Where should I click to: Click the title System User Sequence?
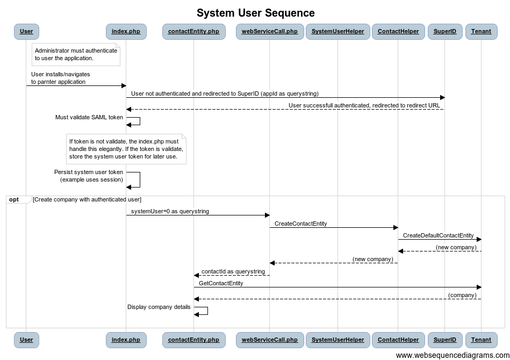pyautogui.click(x=256, y=13)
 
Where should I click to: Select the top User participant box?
pyautogui.click(x=26, y=32)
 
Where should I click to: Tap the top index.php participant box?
pyautogui.click(x=126, y=32)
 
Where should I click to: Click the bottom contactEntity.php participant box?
pyautogui.click(x=193, y=340)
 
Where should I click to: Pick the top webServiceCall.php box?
pyautogui.click(x=270, y=32)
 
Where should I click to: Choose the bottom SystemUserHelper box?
pyautogui.click(x=337, y=340)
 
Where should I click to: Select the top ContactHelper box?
pyautogui.click(x=398, y=32)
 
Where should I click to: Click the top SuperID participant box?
pyautogui.click(x=445, y=32)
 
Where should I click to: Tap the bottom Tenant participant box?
pyautogui.click(x=481, y=340)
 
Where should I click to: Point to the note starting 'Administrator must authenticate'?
pyautogui.click(x=76, y=55)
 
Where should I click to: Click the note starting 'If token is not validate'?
pyautogui.click(x=126, y=149)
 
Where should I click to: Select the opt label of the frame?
pyautogui.click(x=14, y=200)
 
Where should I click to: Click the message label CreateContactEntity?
pyautogui.click(x=300, y=224)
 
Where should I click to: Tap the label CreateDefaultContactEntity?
pyautogui.click(x=438, y=235)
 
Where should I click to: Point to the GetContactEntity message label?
pyautogui.click(x=221, y=283)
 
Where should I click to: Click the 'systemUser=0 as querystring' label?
pyautogui.click(x=170, y=211)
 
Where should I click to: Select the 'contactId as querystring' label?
pyautogui.click(x=233, y=271)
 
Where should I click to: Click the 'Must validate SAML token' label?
pyautogui.click(x=89, y=117)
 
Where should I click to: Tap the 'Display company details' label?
pyautogui.click(x=159, y=307)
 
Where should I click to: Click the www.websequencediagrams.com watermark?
pyautogui.click(x=452, y=355)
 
